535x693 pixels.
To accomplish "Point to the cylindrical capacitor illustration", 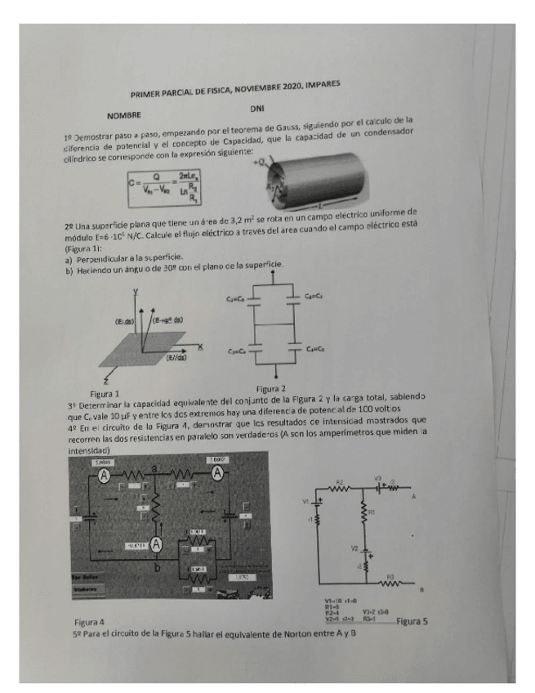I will (x=313, y=177).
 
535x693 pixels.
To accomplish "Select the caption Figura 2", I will (x=270, y=388).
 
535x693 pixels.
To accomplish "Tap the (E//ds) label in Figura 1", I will (x=173, y=357).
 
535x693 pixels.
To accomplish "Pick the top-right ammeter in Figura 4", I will (x=218, y=473).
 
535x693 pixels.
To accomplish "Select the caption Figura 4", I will (x=89, y=623).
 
